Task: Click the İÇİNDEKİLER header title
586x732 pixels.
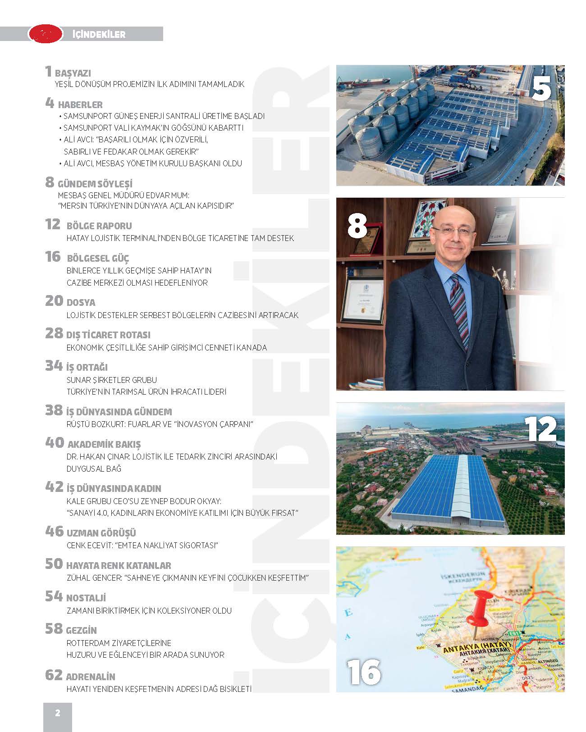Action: click(x=99, y=34)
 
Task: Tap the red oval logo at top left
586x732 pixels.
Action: click(x=45, y=34)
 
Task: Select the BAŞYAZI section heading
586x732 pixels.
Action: click(x=73, y=73)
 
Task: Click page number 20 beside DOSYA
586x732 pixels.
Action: click(x=54, y=301)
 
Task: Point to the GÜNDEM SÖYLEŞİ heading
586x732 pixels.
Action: click(x=95, y=184)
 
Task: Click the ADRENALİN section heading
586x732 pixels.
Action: click(x=91, y=677)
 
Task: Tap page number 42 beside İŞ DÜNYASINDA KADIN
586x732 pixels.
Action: click(x=54, y=487)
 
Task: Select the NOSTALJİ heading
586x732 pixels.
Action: click(x=86, y=598)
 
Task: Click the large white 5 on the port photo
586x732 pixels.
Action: click(x=541, y=89)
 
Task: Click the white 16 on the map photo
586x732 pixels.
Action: click(x=364, y=672)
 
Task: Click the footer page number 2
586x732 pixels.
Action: click(x=57, y=713)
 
